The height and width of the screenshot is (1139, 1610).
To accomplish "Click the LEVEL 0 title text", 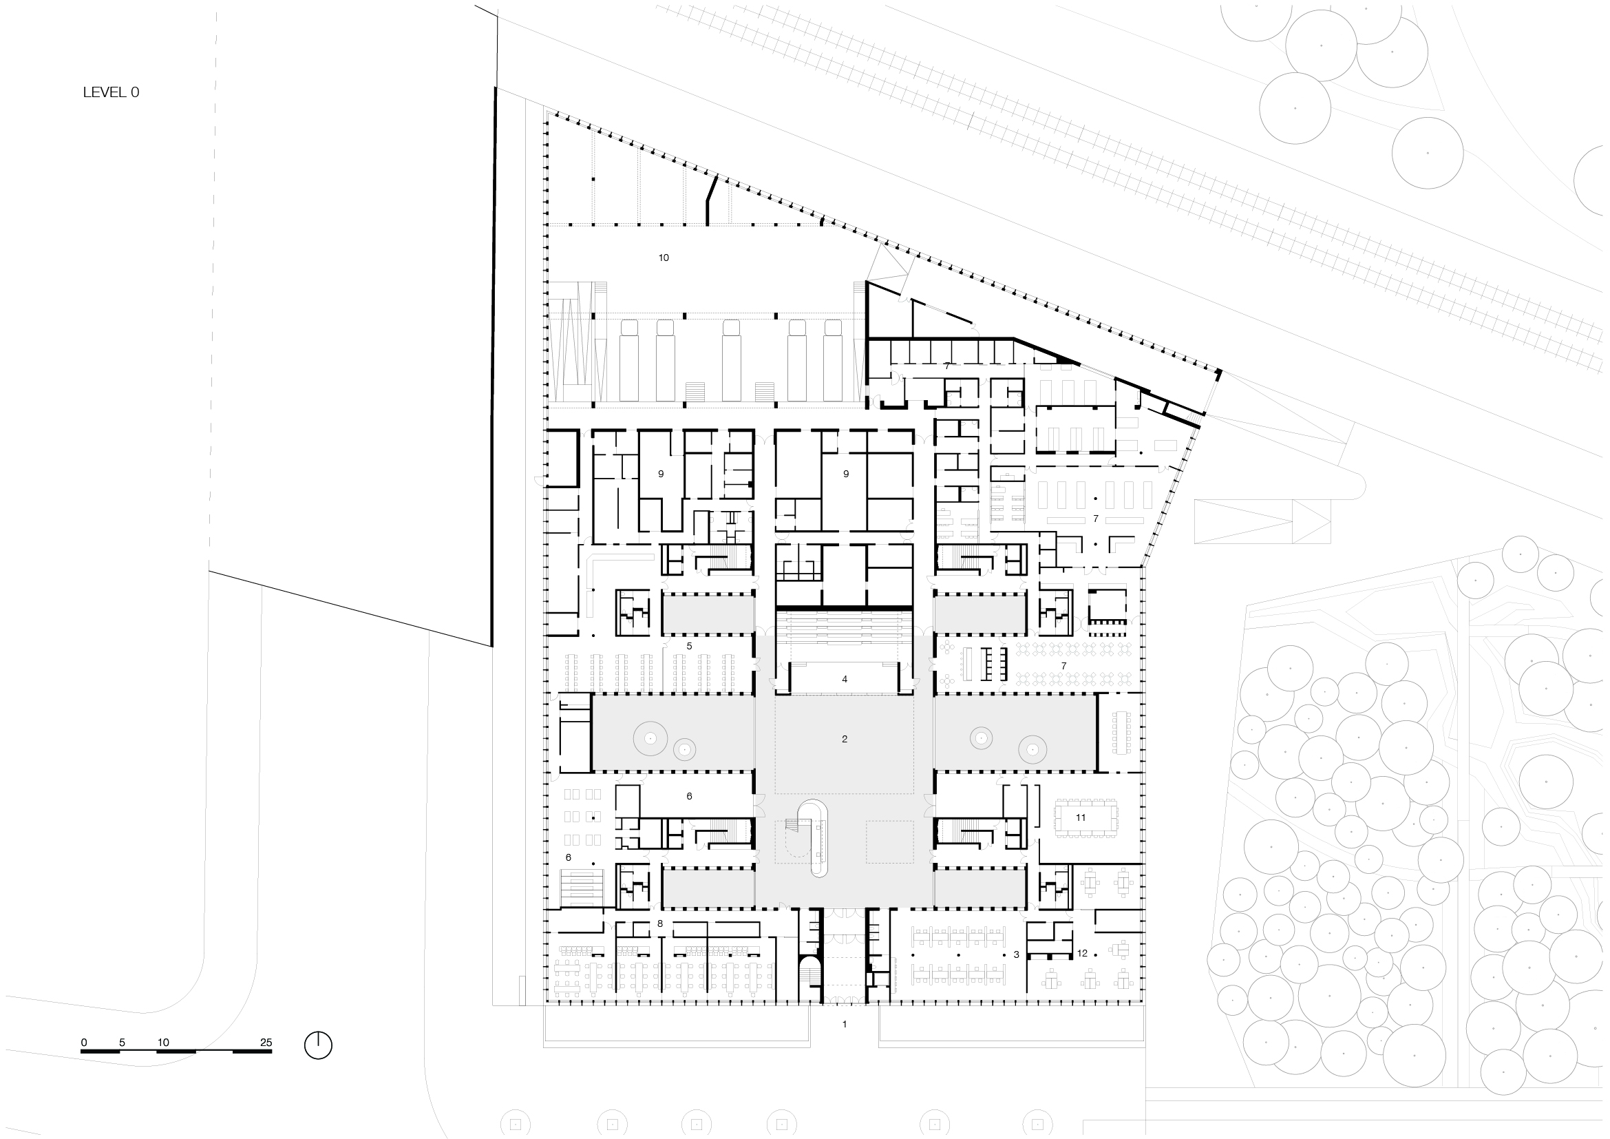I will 111,92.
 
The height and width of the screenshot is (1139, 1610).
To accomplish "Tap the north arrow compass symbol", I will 317,1045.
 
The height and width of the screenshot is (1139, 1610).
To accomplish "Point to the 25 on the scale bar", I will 266,1042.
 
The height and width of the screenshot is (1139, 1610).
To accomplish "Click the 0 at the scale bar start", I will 84,1042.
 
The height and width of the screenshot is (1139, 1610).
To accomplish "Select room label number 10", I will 664,258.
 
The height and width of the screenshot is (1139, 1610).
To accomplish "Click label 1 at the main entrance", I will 845,1024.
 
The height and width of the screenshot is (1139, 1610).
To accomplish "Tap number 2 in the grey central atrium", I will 845,739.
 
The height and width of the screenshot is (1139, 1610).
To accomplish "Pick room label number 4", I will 845,679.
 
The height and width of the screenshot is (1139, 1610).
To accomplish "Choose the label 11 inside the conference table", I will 1081,817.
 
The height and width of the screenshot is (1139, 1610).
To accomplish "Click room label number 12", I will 1082,953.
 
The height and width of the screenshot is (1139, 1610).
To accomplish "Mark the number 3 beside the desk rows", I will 1016,954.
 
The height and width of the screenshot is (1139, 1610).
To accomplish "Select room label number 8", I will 660,923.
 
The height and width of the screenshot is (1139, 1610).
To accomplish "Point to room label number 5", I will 688,646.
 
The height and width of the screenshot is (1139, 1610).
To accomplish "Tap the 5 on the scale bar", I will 122,1042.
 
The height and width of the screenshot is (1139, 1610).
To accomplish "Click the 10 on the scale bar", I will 162,1042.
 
